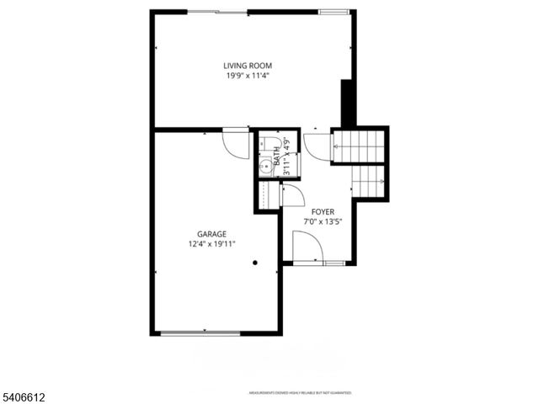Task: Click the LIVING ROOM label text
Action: pos(248,66)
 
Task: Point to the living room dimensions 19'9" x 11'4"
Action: pos(248,76)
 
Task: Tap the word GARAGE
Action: pos(211,234)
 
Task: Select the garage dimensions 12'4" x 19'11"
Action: pos(211,244)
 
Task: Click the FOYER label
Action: pos(323,212)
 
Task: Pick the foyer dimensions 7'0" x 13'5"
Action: pos(323,222)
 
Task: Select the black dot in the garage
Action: pos(255,263)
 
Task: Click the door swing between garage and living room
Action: pos(232,141)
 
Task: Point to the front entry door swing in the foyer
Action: pos(305,247)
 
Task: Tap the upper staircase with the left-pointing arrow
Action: pos(360,146)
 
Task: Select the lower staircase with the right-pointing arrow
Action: pos(369,178)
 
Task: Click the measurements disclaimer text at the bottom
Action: pos(299,393)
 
